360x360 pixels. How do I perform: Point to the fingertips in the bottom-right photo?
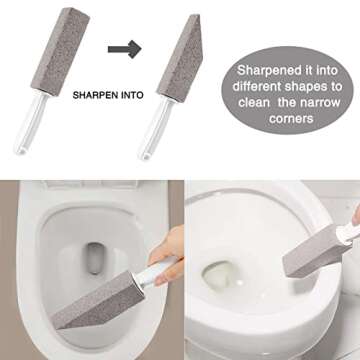[353, 215]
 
